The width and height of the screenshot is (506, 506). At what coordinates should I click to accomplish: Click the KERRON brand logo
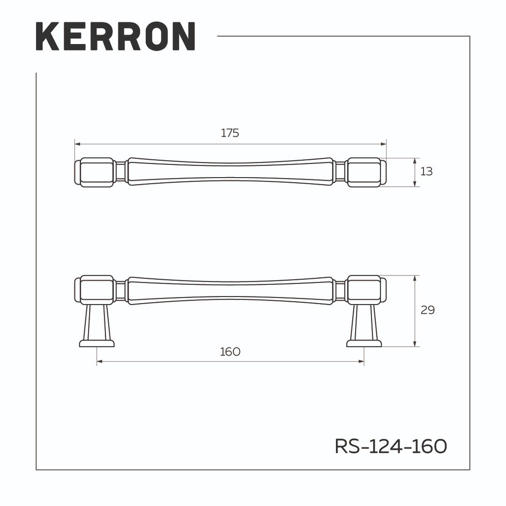point(115,36)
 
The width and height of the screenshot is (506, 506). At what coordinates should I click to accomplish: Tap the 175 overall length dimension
point(230,133)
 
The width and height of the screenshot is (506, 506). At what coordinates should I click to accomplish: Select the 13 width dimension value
point(427,172)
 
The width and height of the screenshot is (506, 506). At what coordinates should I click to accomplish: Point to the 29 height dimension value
point(428,310)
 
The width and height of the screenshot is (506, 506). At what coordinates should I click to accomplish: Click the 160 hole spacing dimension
point(230,352)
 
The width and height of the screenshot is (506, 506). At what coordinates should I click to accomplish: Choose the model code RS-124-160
point(391,446)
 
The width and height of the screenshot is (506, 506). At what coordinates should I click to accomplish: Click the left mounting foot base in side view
point(97,344)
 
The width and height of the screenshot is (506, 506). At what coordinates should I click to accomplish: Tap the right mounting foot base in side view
point(364,344)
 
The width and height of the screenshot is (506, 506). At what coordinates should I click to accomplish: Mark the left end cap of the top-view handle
point(95,172)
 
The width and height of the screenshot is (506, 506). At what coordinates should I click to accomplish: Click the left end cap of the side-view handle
point(95,289)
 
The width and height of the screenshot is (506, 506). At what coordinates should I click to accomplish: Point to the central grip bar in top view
point(230,172)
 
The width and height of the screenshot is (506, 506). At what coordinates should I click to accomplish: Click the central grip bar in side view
point(230,290)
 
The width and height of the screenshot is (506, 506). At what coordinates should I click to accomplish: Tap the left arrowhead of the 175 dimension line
point(77,144)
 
